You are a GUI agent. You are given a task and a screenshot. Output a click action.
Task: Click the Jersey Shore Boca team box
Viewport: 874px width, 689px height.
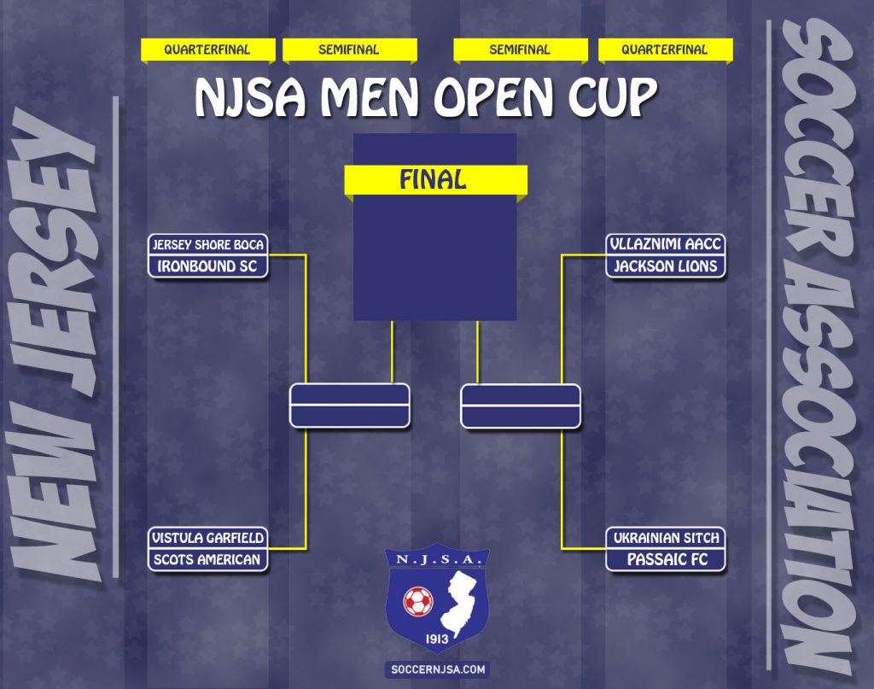(208, 245)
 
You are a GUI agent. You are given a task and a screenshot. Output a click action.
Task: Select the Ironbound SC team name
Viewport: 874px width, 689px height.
(208, 266)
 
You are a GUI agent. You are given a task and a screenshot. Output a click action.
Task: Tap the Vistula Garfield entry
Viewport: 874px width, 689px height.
(208, 538)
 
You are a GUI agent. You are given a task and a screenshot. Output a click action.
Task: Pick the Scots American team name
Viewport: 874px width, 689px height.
(208, 560)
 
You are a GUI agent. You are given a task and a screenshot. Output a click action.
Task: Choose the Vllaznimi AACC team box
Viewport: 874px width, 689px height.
(666, 244)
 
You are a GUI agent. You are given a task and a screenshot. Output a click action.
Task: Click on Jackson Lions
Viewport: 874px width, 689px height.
(666, 266)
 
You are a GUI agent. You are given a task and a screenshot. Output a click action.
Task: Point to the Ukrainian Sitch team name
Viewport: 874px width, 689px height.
(666, 538)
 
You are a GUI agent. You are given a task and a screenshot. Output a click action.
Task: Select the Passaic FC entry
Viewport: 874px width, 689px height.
(666, 560)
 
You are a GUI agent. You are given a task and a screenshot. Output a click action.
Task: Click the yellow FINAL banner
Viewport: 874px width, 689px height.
(435, 180)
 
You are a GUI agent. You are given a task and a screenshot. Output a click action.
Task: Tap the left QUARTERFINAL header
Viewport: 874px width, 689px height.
(208, 50)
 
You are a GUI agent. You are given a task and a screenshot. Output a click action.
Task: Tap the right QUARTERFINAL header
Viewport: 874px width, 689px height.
(665, 50)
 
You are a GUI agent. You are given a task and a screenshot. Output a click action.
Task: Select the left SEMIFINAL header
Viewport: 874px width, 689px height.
(349, 50)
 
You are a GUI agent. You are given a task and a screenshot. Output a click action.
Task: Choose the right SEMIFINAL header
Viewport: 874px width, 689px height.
(521, 50)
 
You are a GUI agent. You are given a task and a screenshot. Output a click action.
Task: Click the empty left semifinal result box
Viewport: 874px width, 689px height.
(349, 406)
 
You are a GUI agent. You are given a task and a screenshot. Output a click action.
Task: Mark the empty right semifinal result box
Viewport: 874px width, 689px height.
(521, 406)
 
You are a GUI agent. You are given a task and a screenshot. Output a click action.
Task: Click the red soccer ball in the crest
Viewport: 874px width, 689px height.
(418, 601)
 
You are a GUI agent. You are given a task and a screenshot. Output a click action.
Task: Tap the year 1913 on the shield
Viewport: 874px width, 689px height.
(437, 639)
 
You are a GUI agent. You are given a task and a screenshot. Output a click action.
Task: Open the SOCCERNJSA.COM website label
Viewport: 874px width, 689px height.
(438, 669)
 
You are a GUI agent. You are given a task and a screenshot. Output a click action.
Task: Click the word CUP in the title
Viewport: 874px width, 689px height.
(613, 97)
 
